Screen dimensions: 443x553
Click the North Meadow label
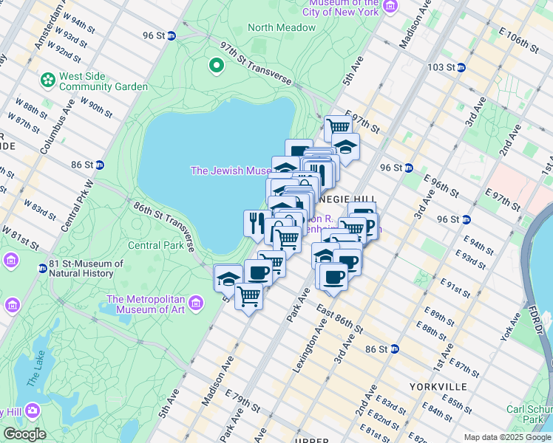281,27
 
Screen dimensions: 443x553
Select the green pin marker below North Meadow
217,66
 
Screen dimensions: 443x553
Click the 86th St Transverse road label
164,224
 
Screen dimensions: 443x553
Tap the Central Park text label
155,245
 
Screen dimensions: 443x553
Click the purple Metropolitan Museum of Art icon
196,303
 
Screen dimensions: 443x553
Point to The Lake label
35,370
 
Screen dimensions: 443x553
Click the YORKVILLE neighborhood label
438,387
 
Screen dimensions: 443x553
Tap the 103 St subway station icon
461,67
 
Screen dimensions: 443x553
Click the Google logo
24,434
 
